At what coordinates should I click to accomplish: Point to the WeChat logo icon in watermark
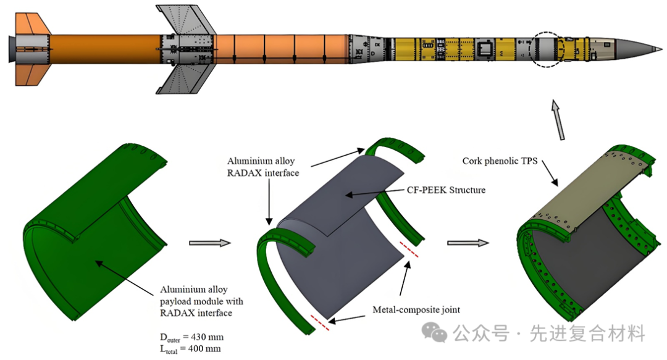click(439, 335)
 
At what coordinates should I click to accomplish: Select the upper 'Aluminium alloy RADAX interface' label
click(265, 167)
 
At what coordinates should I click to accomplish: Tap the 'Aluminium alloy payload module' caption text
click(201, 301)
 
